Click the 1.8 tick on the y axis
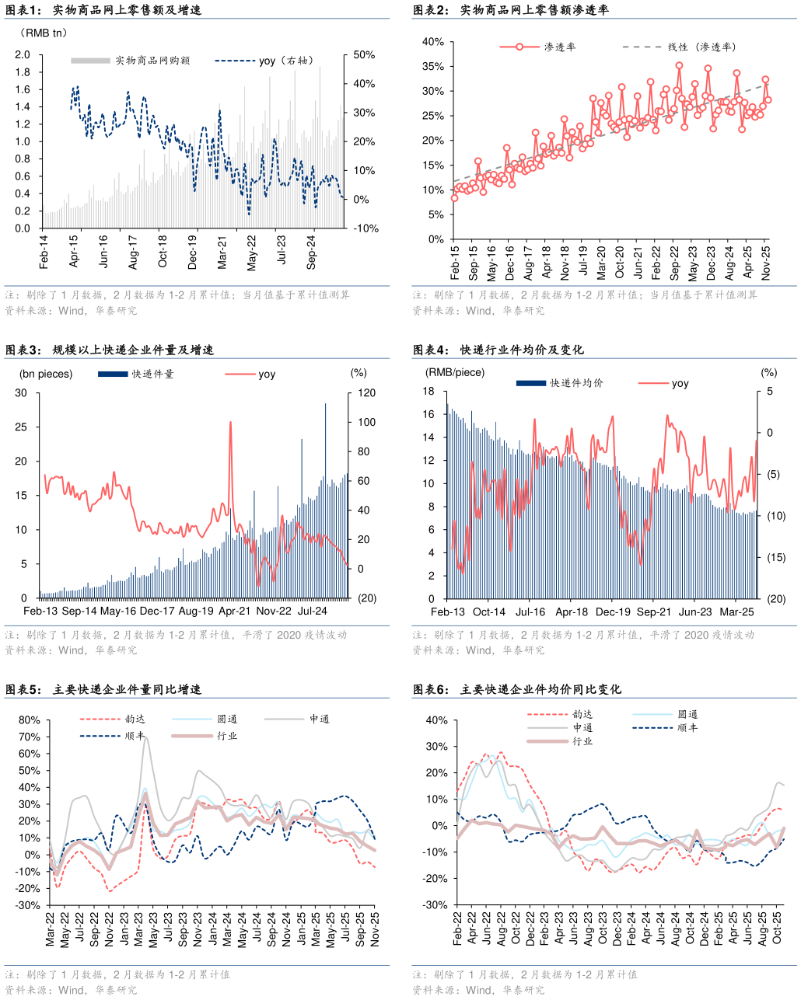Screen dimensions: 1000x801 [x=23, y=72]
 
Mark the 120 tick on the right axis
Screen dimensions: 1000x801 [x=366, y=393]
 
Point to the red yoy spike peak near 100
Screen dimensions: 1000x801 [x=230, y=423]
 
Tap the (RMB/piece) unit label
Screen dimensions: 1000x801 [x=454, y=372]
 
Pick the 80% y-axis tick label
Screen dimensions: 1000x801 [x=30, y=720]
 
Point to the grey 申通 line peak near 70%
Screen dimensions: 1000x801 [x=145, y=737]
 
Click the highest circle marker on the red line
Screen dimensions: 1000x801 [x=679, y=65]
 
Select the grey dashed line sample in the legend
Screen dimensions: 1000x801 [x=642, y=47]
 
